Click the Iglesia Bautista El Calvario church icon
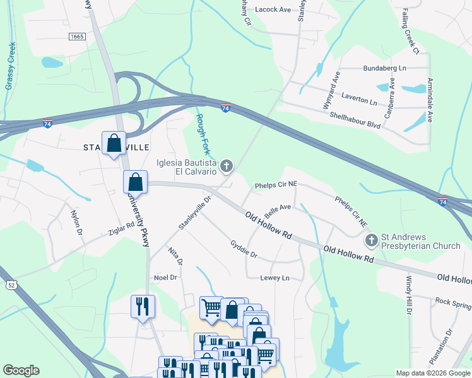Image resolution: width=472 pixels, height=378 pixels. (x=226, y=166)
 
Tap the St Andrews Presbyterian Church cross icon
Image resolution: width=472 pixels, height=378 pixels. (x=372, y=241)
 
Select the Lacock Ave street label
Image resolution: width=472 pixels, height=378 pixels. (x=273, y=9)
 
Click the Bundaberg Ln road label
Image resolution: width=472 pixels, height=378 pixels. (x=385, y=67)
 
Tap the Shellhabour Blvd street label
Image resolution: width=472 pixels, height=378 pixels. (x=355, y=119)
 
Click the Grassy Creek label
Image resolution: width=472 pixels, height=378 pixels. (x=10, y=66)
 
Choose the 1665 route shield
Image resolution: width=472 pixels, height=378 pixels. (x=77, y=37)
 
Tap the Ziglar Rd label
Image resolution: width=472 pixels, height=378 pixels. (x=122, y=228)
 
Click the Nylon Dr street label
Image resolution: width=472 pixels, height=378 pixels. (x=76, y=224)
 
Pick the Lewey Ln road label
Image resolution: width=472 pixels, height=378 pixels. (x=274, y=278)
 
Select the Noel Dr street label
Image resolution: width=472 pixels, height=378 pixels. (x=165, y=277)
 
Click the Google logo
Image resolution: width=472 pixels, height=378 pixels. (x=21, y=370)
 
